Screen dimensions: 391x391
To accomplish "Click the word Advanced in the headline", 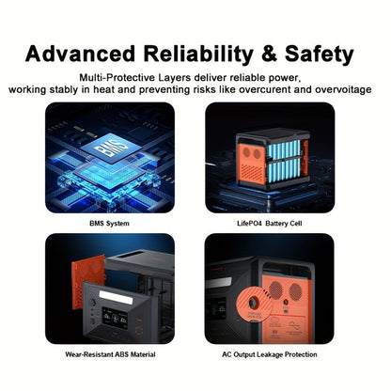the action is click(80, 54).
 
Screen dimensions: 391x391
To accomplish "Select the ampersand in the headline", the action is click(269, 54).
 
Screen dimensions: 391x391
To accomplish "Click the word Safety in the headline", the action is click(320, 55).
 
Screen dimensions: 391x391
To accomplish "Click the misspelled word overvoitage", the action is click(343, 90).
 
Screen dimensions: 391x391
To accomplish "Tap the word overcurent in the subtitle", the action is click(266, 89).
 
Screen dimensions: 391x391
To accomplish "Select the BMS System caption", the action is click(109, 224).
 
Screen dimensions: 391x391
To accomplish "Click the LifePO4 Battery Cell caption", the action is click(270, 224).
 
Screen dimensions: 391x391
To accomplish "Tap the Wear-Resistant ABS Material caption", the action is click(110, 354).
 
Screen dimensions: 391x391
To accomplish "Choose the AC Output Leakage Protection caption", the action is click(270, 354).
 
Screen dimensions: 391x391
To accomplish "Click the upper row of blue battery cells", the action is click(283, 149).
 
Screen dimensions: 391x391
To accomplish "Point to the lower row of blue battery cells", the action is click(283, 171).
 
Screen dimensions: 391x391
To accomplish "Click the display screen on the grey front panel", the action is click(116, 319).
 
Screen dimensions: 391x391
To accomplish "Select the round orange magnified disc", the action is click(254, 305).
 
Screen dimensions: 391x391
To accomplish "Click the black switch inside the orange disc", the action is click(253, 303).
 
